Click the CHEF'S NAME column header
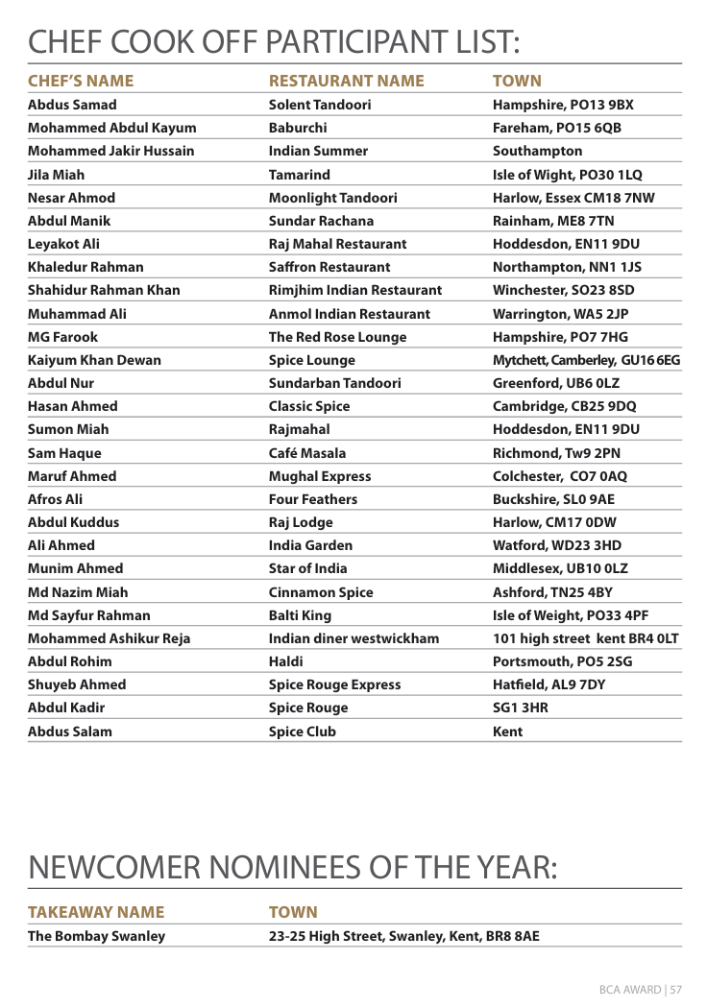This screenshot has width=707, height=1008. click(x=81, y=81)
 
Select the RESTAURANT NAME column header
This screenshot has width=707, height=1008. click(x=346, y=81)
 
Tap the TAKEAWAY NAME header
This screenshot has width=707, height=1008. click(x=96, y=912)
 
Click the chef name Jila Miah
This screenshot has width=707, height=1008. click(x=56, y=175)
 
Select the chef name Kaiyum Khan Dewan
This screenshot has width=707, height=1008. click(x=94, y=360)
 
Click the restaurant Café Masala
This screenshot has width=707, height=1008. click(x=307, y=453)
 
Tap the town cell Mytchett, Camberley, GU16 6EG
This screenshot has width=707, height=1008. click(x=586, y=360)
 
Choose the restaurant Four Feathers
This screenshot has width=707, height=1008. click(x=312, y=499)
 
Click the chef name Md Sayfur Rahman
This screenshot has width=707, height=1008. click(x=88, y=615)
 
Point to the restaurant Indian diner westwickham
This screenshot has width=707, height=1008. click(x=353, y=638)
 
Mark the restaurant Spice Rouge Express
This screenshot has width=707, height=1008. click(x=334, y=684)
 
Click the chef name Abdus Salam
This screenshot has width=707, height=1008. click(x=69, y=732)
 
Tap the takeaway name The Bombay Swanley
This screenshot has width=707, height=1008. click(x=96, y=936)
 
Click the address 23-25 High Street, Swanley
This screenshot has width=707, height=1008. click(x=403, y=936)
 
